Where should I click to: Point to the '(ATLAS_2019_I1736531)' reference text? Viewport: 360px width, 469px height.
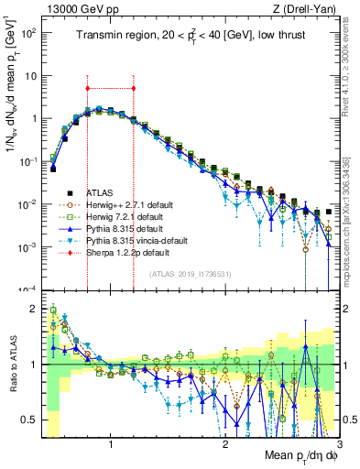coord(191,274)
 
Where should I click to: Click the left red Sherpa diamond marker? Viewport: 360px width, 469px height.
coord(87,89)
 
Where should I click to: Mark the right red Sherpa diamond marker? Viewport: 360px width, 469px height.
coord(134,89)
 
